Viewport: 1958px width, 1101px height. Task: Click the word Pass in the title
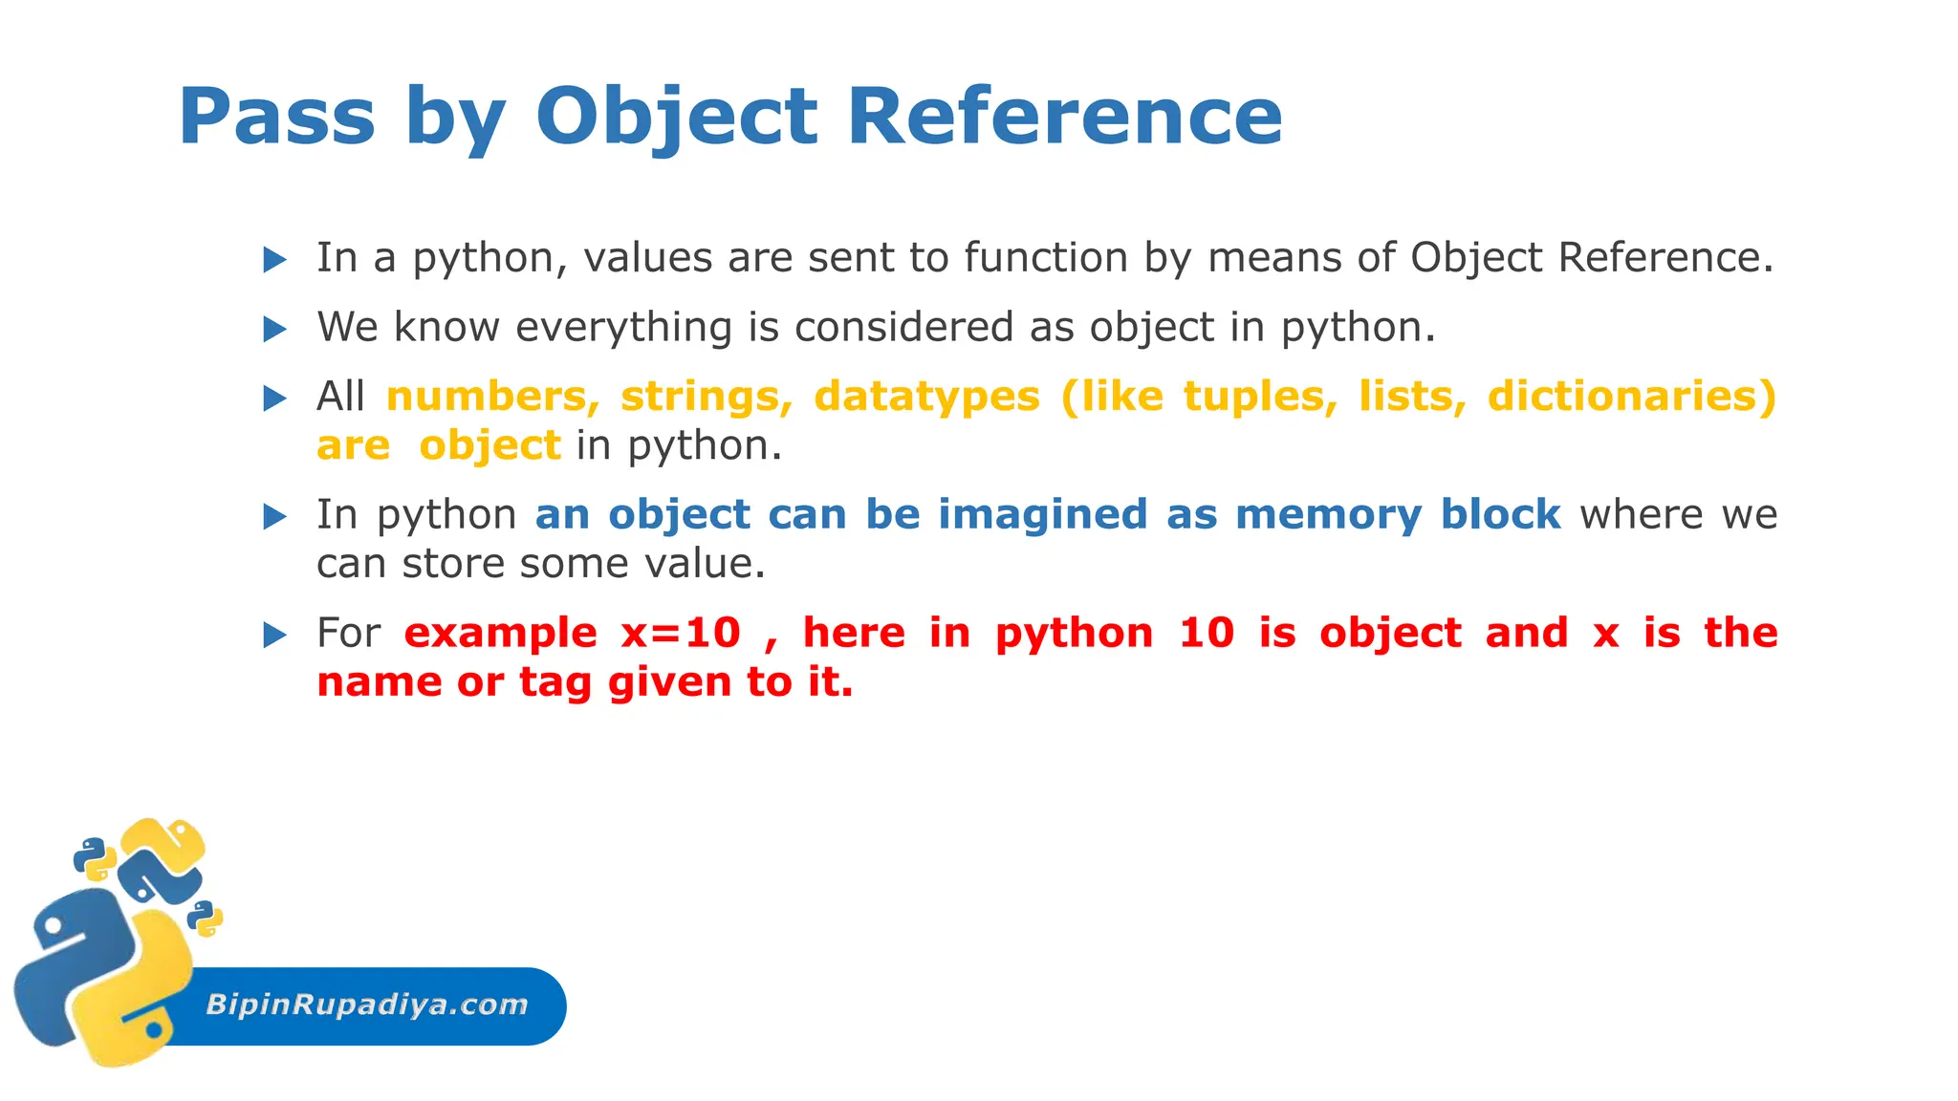point(276,117)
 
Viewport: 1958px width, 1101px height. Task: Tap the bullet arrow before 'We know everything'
point(275,330)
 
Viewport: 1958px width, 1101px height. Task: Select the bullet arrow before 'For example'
point(275,635)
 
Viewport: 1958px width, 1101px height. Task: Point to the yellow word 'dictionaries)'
point(1631,397)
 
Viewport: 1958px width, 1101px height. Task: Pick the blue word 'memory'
point(1329,516)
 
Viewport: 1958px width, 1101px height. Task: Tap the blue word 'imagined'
point(1042,516)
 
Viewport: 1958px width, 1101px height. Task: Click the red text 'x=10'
point(681,634)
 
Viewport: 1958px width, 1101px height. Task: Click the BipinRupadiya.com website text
point(367,1004)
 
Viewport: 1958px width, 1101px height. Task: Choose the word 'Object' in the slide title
point(676,117)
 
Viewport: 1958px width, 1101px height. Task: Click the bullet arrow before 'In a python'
point(275,259)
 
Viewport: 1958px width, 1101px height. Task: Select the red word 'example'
point(500,634)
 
